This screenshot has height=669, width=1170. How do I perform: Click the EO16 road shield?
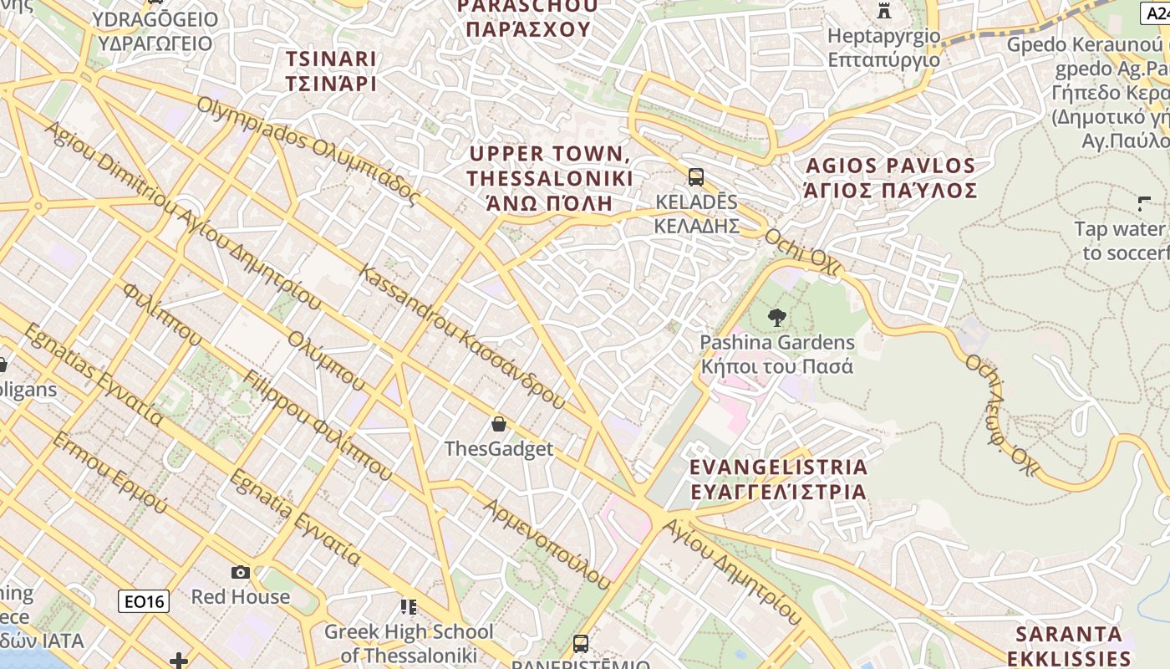[144, 601]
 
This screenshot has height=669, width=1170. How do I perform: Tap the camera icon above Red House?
[241, 572]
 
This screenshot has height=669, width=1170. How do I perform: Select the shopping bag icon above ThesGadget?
[499, 424]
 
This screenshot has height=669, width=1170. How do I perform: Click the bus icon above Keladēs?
[695, 177]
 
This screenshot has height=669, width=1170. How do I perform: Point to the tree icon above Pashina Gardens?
[777, 318]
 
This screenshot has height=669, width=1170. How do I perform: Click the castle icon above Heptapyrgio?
[884, 11]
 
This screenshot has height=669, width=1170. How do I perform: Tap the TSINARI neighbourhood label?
[331, 71]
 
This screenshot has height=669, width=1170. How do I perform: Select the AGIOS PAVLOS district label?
[890, 177]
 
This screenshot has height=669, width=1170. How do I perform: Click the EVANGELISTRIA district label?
[778, 479]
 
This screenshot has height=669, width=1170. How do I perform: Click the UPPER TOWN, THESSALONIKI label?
[549, 178]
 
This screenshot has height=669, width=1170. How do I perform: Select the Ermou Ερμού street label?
[109, 473]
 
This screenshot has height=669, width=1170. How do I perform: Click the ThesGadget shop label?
[499, 449]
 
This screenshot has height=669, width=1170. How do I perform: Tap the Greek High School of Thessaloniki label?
[409, 643]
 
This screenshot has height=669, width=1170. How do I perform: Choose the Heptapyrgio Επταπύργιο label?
[883, 49]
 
